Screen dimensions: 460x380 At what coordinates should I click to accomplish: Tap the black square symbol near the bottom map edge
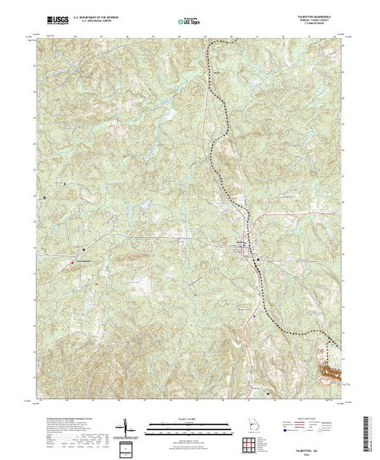click(267, 395)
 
